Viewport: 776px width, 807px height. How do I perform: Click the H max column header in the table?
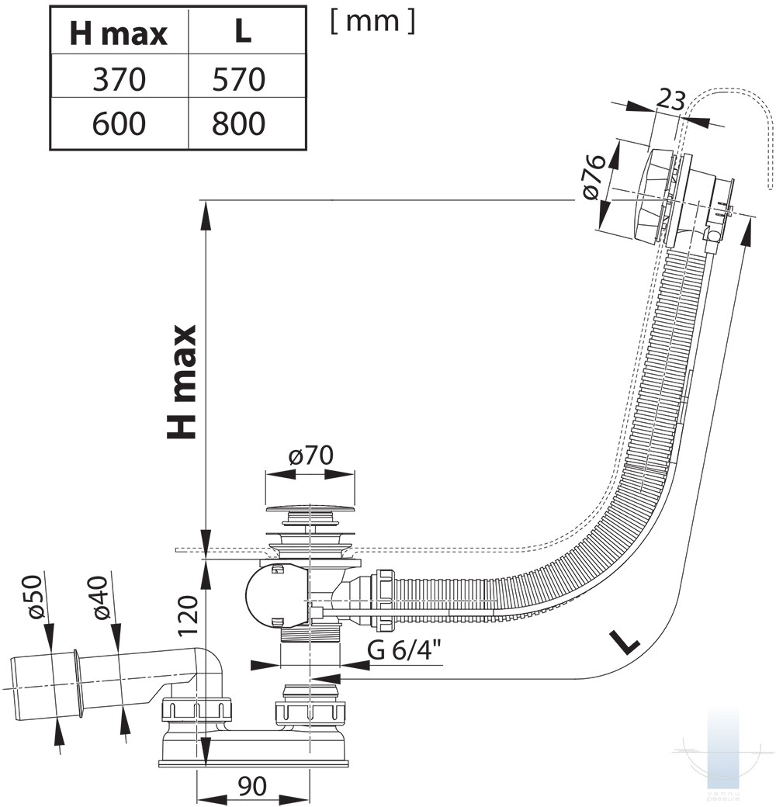coord(119,33)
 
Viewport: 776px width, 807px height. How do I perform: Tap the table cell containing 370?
coord(119,79)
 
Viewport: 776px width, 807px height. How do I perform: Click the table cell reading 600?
coord(119,123)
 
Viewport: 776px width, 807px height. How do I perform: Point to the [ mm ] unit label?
coord(372,21)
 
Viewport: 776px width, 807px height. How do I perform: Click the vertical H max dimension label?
coord(183,382)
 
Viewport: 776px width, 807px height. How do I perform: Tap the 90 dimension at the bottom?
coord(252,786)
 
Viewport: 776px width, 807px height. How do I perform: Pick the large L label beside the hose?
coord(625,641)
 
